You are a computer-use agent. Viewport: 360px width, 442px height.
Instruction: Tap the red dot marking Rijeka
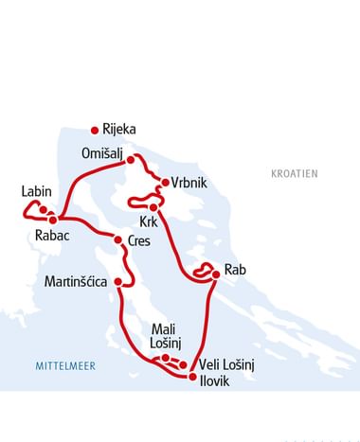[94, 131]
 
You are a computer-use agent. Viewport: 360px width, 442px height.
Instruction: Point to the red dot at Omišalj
[132, 160]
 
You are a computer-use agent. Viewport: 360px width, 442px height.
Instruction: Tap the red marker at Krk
[153, 206]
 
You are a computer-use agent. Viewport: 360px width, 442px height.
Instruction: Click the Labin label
[36, 191]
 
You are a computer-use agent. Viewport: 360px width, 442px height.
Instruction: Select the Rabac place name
[51, 236]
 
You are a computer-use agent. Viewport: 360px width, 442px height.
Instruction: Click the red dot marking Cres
[118, 240]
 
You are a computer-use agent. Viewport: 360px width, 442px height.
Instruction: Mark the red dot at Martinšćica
[118, 281]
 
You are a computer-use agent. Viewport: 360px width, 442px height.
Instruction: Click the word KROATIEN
[294, 174]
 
